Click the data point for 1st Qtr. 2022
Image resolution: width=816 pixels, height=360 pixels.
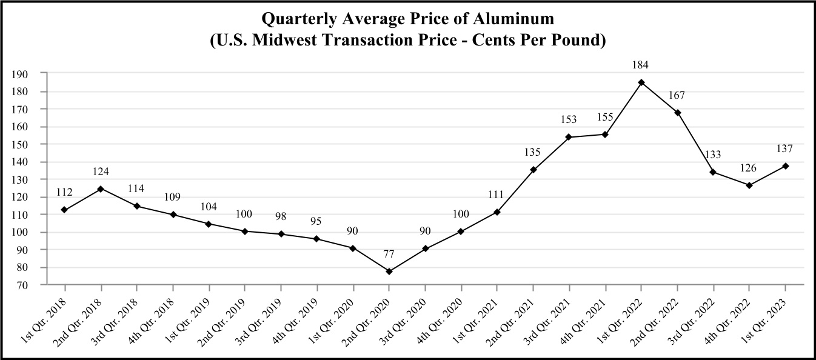click(x=641, y=82)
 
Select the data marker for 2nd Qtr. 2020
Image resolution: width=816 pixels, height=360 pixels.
click(x=389, y=272)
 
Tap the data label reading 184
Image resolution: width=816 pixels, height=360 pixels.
click(x=641, y=65)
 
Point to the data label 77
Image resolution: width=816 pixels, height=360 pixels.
click(x=389, y=254)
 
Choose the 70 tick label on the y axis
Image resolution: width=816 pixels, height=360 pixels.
click(x=23, y=285)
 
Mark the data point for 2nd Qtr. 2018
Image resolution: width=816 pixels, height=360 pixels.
click(x=100, y=188)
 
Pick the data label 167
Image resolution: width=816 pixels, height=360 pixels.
click(x=677, y=95)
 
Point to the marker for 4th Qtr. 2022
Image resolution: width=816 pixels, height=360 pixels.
click(x=749, y=185)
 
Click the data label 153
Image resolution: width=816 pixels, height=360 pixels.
click(x=569, y=119)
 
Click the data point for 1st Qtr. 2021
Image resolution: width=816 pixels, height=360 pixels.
click(x=497, y=212)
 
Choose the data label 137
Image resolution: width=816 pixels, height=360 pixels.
click(x=786, y=148)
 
